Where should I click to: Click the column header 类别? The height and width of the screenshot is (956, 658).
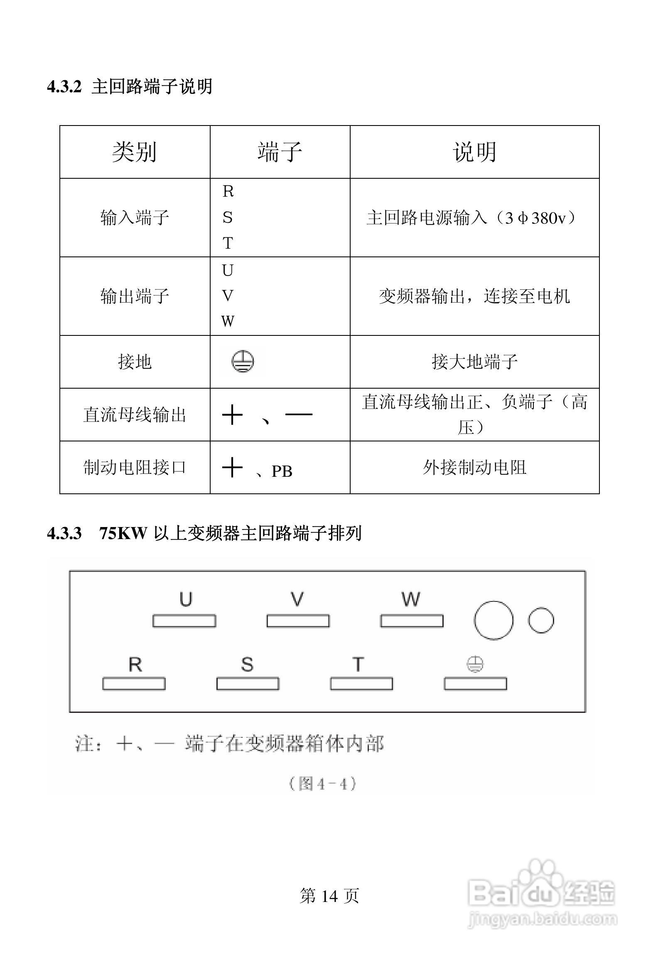coord(134,152)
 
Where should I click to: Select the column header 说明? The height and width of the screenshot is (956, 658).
coord(474,152)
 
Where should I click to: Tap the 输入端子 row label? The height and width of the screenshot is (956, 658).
coord(135,217)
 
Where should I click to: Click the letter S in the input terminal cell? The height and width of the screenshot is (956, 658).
coord(228,217)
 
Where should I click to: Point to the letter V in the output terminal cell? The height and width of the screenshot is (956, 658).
coord(228,296)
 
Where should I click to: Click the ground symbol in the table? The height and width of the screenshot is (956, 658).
coord(243,361)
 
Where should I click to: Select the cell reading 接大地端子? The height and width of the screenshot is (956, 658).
coord(474,362)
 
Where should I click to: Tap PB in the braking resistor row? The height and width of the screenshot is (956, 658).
coord(282,471)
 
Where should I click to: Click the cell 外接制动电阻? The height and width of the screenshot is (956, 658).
coord(474,468)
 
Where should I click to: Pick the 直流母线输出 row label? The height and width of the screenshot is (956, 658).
coord(135,415)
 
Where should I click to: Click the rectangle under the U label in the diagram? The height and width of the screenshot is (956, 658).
coord(184,621)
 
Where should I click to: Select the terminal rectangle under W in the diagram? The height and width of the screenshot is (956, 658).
coord(412,621)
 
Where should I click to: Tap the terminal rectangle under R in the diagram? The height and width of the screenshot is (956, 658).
coord(134,684)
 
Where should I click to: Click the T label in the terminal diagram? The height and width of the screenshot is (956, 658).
coord(358,664)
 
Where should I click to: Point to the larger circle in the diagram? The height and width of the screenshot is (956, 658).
coord(493,620)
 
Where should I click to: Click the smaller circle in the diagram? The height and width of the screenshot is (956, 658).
coord(541,620)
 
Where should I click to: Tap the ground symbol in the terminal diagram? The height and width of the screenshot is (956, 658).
coord(474,664)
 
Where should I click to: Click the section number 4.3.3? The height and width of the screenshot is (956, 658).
coord(64,533)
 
